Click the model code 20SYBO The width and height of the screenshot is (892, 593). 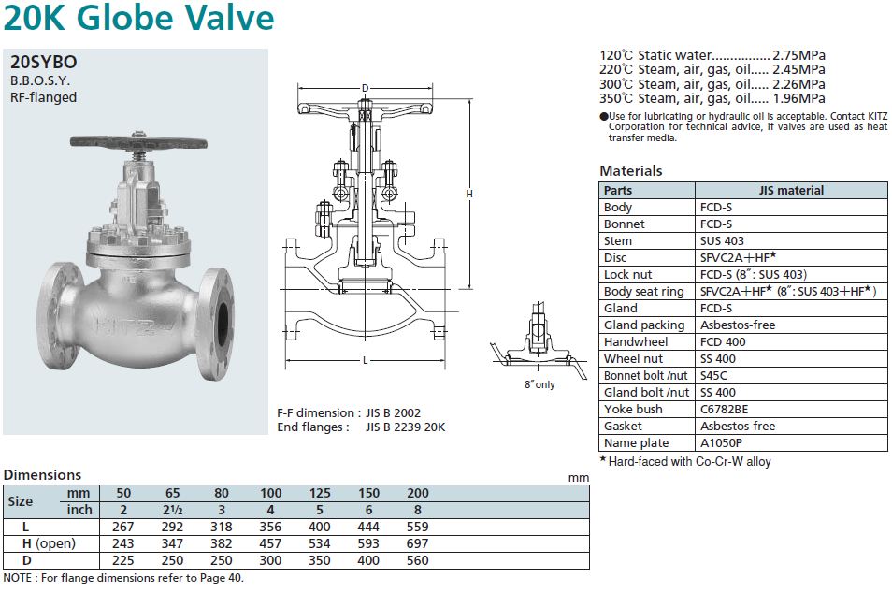coord(43,62)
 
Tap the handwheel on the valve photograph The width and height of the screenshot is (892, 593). coord(138,142)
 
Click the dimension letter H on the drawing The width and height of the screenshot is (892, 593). coord(469,194)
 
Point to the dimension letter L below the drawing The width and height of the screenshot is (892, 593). coord(366,360)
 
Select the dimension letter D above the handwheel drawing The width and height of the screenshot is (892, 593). coord(366,88)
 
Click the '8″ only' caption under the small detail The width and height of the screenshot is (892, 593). coord(540,384)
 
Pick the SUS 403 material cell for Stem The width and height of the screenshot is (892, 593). coord(722,240)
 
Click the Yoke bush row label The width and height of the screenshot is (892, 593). coord(633,409)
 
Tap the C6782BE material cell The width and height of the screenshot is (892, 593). coord(725,409)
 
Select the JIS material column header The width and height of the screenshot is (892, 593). coord(791,191)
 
